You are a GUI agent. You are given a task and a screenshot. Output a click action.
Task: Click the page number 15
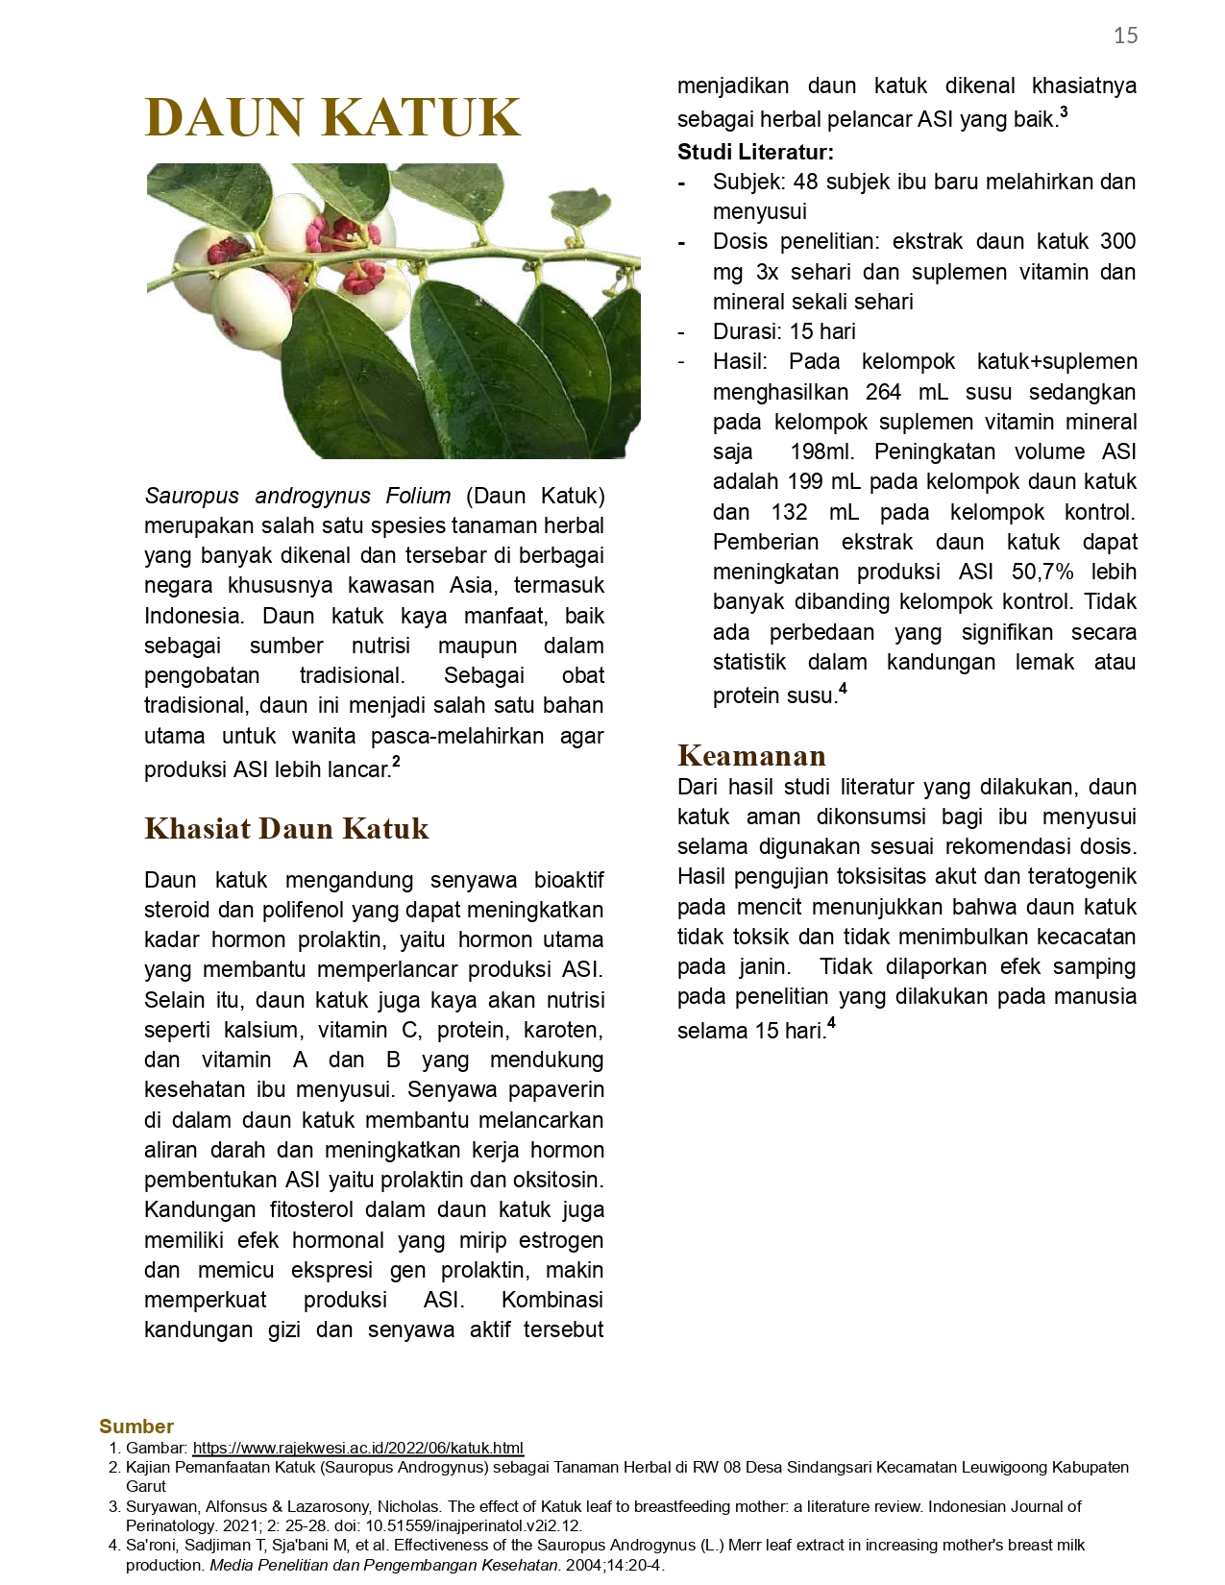point(1125,37)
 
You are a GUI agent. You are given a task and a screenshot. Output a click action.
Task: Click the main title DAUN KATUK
point(332,118)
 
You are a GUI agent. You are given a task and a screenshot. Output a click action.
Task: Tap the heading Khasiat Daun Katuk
point(286,828)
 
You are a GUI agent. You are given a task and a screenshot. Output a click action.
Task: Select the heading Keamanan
point(751,755)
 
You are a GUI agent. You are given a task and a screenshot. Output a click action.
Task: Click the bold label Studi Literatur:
point(755,152)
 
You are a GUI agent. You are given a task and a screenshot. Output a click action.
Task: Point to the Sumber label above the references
point(136,1426)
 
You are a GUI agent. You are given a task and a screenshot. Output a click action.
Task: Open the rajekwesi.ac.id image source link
point(357,1448)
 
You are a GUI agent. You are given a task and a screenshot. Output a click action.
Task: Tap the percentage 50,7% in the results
point(1042,572)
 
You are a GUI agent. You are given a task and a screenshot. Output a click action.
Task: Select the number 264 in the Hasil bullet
point(884,392)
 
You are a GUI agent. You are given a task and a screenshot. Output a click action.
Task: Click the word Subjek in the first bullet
point(746,182)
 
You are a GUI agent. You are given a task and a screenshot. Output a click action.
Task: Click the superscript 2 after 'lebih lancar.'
point(396,763)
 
